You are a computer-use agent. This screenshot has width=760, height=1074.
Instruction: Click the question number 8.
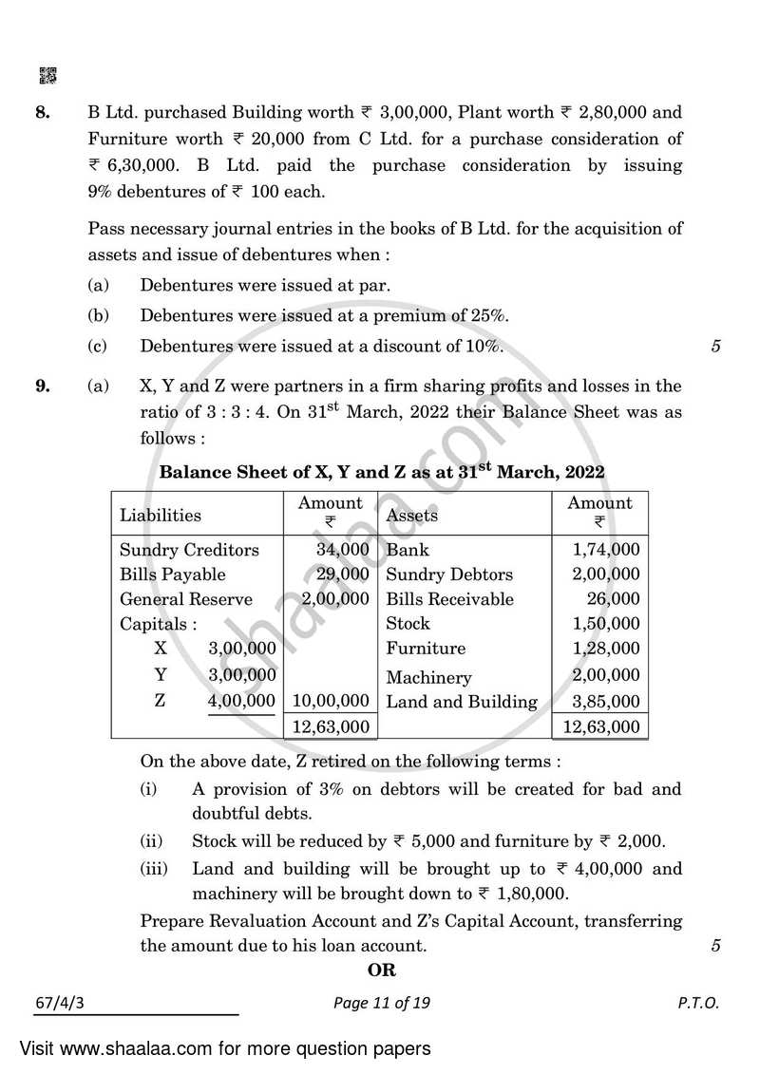pos(42,113)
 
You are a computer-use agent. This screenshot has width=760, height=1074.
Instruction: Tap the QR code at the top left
pos(46,74)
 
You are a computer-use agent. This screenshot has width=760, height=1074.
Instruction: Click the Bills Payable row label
pos(173,575)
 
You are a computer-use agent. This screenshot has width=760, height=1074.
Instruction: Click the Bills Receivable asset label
pos(449,599)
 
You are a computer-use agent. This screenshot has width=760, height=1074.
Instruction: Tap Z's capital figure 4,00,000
pos(241,702)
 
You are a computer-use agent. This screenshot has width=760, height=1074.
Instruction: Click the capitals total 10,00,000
pos(331,702)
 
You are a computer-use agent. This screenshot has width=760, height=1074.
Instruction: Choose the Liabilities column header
pos(160,516)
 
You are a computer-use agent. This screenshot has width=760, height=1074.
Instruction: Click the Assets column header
pos(412,516)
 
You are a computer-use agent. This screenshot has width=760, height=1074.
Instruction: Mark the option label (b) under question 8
pos(97,315)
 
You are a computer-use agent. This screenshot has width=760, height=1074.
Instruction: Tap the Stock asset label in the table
pos(408,624)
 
